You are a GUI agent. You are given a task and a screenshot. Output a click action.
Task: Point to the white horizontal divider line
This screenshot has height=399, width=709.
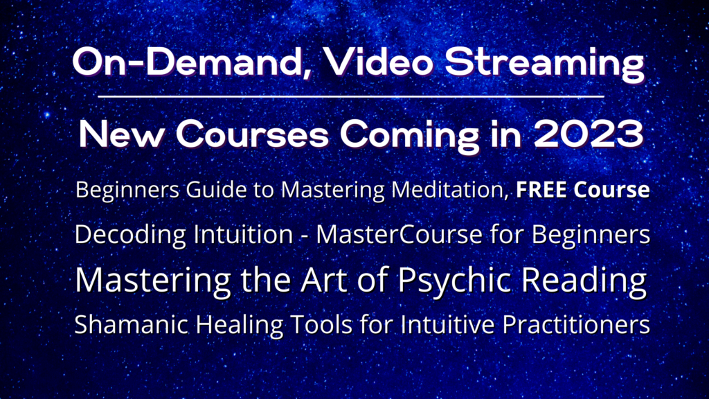[351, 96]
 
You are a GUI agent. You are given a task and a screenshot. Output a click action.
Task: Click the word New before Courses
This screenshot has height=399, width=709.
[122, 134]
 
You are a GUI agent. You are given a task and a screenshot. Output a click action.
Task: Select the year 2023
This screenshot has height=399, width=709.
[589, 134]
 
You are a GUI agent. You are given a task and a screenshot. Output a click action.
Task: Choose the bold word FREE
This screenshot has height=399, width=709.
[541, 190]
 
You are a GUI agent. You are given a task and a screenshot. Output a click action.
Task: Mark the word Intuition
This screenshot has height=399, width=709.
[243, 235]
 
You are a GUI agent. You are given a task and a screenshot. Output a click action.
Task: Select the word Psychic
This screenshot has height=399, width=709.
[456, 281]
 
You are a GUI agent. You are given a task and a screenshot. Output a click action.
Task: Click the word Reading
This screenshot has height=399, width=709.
[584, 281]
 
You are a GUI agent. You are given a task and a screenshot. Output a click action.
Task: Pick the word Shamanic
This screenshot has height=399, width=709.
[131, 324]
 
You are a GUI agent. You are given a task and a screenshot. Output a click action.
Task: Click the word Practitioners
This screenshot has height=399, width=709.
[576, 324]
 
